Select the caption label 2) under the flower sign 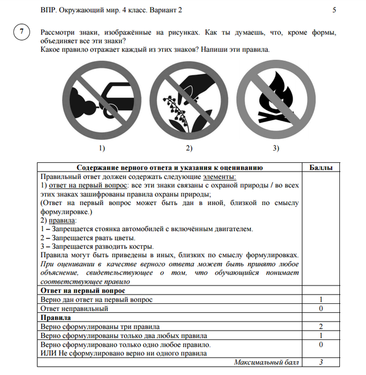click(189, 148)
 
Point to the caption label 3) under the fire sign click(276, 148)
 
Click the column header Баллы click(320, 167)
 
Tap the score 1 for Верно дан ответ click(320, 299)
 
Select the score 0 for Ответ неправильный click(320, 308)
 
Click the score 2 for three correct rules click(320, 327)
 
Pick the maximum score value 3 click(320, 362)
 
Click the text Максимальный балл click(266, 362)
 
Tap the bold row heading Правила click(53, 317)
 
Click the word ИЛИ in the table click(48, 353)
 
